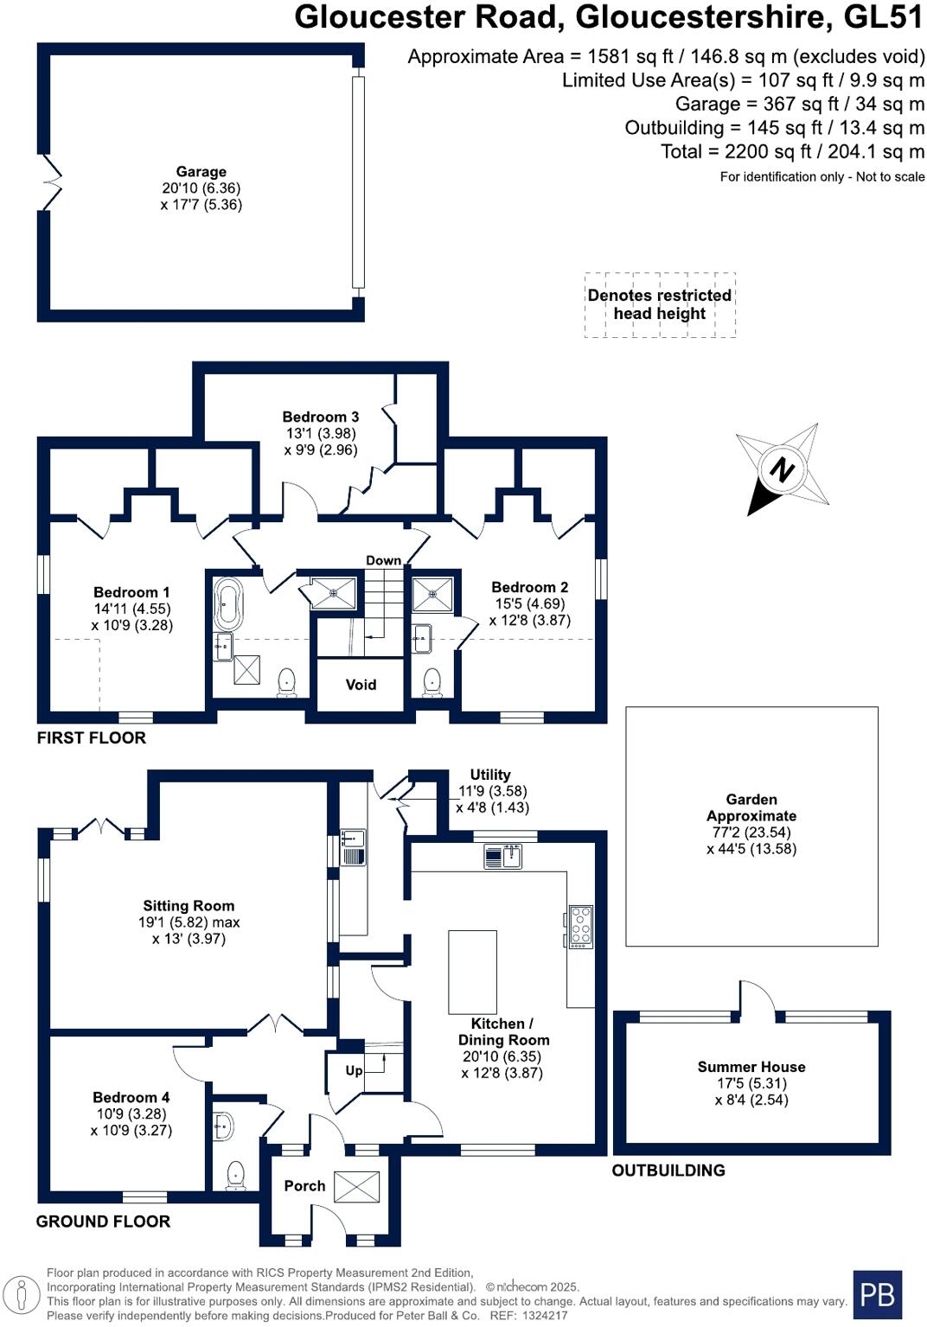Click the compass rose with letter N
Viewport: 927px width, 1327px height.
point(783,469)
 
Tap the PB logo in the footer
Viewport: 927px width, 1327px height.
point(877,1294)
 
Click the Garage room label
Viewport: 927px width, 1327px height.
point(201,172)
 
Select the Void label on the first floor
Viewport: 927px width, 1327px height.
point(361,685)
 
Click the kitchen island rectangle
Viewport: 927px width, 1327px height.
point(472,972)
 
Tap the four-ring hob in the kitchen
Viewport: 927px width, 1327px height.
point(581,926)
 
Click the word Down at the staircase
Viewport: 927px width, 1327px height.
point(383,560)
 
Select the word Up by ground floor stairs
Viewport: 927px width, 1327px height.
point(354,1070)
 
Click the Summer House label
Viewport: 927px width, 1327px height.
point(751,1067)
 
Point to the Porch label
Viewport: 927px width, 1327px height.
point(304,1185)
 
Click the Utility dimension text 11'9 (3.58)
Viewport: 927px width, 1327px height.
point(492,791)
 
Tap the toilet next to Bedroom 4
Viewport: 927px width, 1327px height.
point(235,1176)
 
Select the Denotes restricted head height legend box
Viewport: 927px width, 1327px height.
point(660,304)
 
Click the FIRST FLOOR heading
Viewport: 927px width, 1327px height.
point(91,737)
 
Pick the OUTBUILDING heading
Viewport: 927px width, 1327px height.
point(668,1171)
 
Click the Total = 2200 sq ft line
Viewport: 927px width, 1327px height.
point(792,151)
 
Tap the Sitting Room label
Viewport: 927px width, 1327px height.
point(189,905)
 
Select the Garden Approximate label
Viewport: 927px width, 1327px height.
point(751,807)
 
